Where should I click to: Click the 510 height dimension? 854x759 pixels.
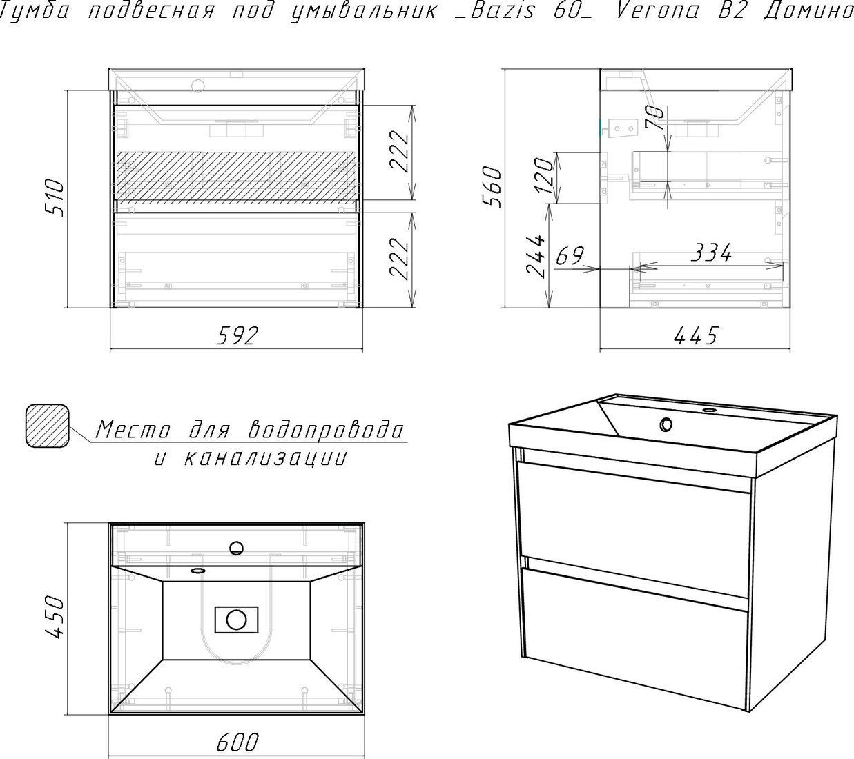coord(55,197)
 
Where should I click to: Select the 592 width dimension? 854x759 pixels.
coord(237,335)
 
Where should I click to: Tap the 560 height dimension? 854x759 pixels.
coord(492,187)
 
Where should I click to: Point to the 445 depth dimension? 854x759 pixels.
coord(695,336)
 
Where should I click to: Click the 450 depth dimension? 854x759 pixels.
coord(55,617)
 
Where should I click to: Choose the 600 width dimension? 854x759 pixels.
coord(237,742)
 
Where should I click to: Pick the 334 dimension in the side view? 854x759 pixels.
coord(712,253)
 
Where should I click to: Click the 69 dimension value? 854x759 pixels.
coord(570,256)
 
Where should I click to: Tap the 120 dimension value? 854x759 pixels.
coord(543,176)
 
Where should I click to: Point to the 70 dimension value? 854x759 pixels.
coord(655,118)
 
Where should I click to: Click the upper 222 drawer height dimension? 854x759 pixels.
coord(399,152)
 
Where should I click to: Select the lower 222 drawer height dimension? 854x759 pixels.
coord(399,259)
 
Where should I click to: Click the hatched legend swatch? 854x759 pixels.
coord(48,426)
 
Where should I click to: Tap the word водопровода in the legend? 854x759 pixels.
coord(327,430)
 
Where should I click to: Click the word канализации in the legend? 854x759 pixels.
coord(266,458)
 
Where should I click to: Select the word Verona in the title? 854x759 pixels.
coord(657,10)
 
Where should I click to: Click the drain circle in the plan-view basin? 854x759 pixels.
coord(236,619)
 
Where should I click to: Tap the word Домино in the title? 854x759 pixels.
coord(808,11)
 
